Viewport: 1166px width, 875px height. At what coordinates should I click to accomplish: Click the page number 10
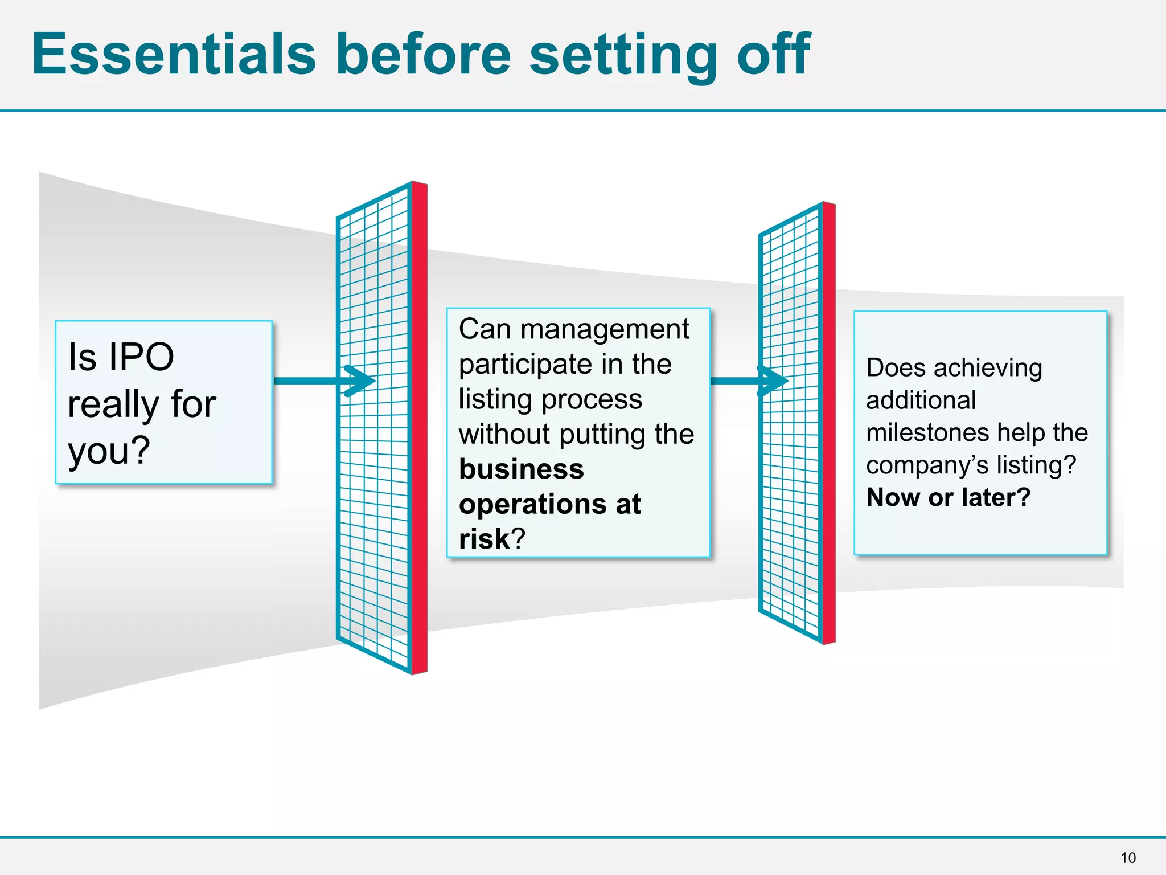pos(1127,858)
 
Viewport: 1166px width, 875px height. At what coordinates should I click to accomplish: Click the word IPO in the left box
pos(141,357)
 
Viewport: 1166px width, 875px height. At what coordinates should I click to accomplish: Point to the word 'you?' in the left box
pos(109,451)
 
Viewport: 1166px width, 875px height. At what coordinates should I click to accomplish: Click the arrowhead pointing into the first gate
pos(362,381)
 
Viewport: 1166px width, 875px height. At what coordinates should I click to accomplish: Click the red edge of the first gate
pos(420,427)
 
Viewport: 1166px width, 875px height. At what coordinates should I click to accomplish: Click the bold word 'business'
pos(521,469)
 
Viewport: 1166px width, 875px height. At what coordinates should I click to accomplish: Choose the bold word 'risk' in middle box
pos(484,539)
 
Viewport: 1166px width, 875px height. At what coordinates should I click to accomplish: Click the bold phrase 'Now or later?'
pos(948,497)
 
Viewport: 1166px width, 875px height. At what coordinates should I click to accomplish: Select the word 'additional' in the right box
pos(921,400)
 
